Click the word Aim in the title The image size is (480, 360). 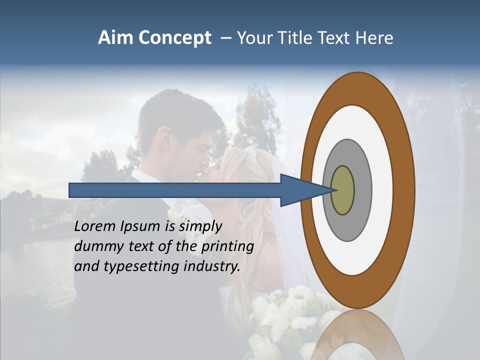pyautogui.click(x=116, y=38)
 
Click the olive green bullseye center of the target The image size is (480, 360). pyautogui.click(x=343, y=190)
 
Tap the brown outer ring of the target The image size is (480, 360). pyautogui.click(x=403, y=190)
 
